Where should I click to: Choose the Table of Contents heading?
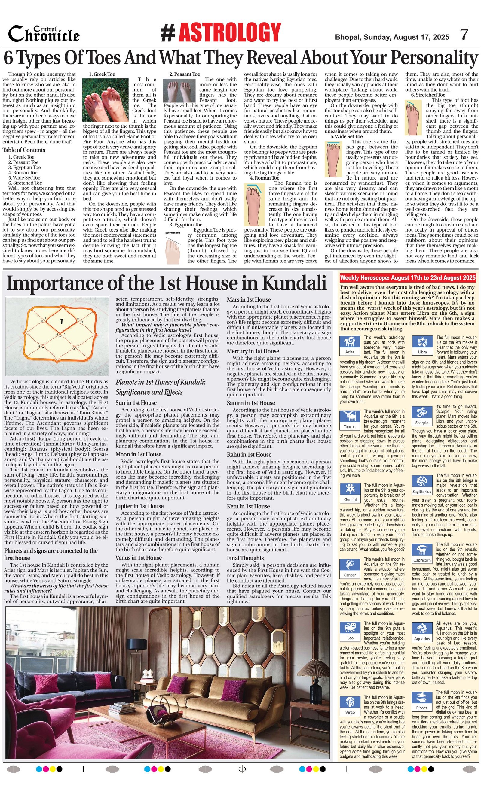24,150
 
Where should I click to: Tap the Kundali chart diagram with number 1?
57,336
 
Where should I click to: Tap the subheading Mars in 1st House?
249,300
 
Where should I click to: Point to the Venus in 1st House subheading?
138,558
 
